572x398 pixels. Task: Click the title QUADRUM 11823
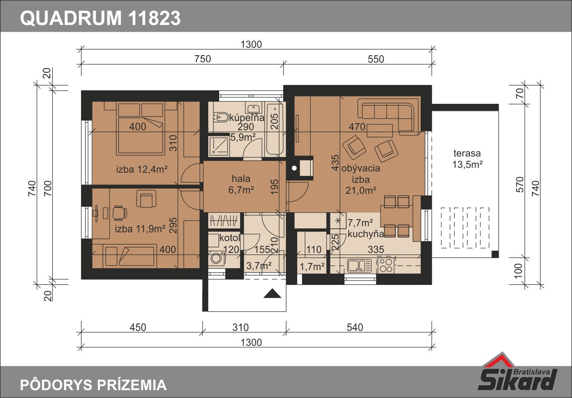[100, 18]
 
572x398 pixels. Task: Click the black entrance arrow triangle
[272, 293]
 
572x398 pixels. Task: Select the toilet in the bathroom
[221, 117]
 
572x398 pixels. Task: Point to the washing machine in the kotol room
[217, 258]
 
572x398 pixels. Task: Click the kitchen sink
[359, 266]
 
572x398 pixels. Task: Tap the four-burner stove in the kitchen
[386, 266]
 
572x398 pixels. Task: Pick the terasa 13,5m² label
[467, 159]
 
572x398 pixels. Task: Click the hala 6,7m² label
[241, 185]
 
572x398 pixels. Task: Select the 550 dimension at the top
[376, 59]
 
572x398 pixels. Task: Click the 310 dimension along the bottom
[241, 327]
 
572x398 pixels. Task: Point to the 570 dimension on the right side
[520, 185]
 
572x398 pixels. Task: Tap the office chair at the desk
[120, 213]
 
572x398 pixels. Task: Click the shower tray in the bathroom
[219, 146]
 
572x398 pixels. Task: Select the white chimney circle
[294, 168]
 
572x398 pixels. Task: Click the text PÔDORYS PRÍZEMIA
[93, 385]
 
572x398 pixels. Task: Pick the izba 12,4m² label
[142, 169]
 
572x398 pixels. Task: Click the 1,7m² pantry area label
[312, 267]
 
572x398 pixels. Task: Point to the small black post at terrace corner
[495, 254]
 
